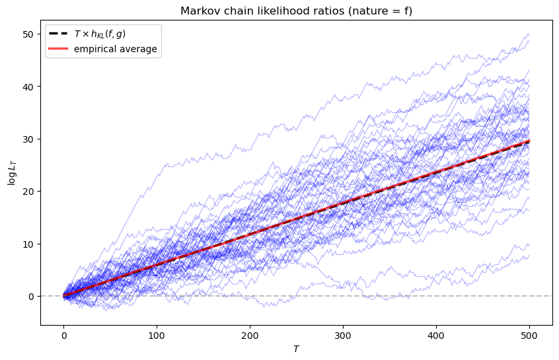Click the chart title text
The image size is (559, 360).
(x=296, y=10)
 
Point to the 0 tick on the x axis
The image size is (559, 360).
(x=63, y=334)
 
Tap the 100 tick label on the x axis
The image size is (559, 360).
(x=157, y=334)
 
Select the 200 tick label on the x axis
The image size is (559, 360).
(x=250, y=334)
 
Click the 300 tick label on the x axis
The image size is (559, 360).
(x=343, y=334)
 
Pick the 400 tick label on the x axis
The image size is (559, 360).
(x=436, y=334)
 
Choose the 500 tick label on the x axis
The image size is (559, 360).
(x=529, y=334)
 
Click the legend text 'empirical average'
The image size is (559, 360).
(x=116, y=50)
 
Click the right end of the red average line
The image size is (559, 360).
(x=529, y=141)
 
